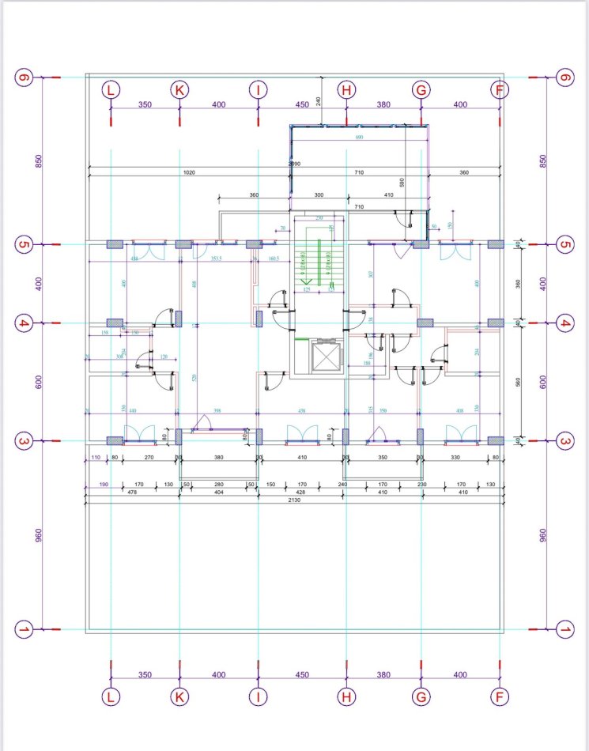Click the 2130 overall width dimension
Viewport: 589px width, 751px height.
(x=294, y=500)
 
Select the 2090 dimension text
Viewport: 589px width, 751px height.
(x=294, y=164)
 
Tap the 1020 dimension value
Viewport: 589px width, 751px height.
(x=190, y=172)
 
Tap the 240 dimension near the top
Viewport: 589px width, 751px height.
(x=316, y=100)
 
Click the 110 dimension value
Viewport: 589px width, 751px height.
(x=96, y=458)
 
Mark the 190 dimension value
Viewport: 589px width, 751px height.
(x=104, y=485)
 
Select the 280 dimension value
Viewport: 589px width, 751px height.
(x=220, y=485)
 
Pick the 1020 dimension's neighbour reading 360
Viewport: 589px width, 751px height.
(x=464, y=172)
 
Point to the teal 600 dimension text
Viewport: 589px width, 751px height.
(x=359, y=138)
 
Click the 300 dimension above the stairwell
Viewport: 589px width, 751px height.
(x=319, y=194)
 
